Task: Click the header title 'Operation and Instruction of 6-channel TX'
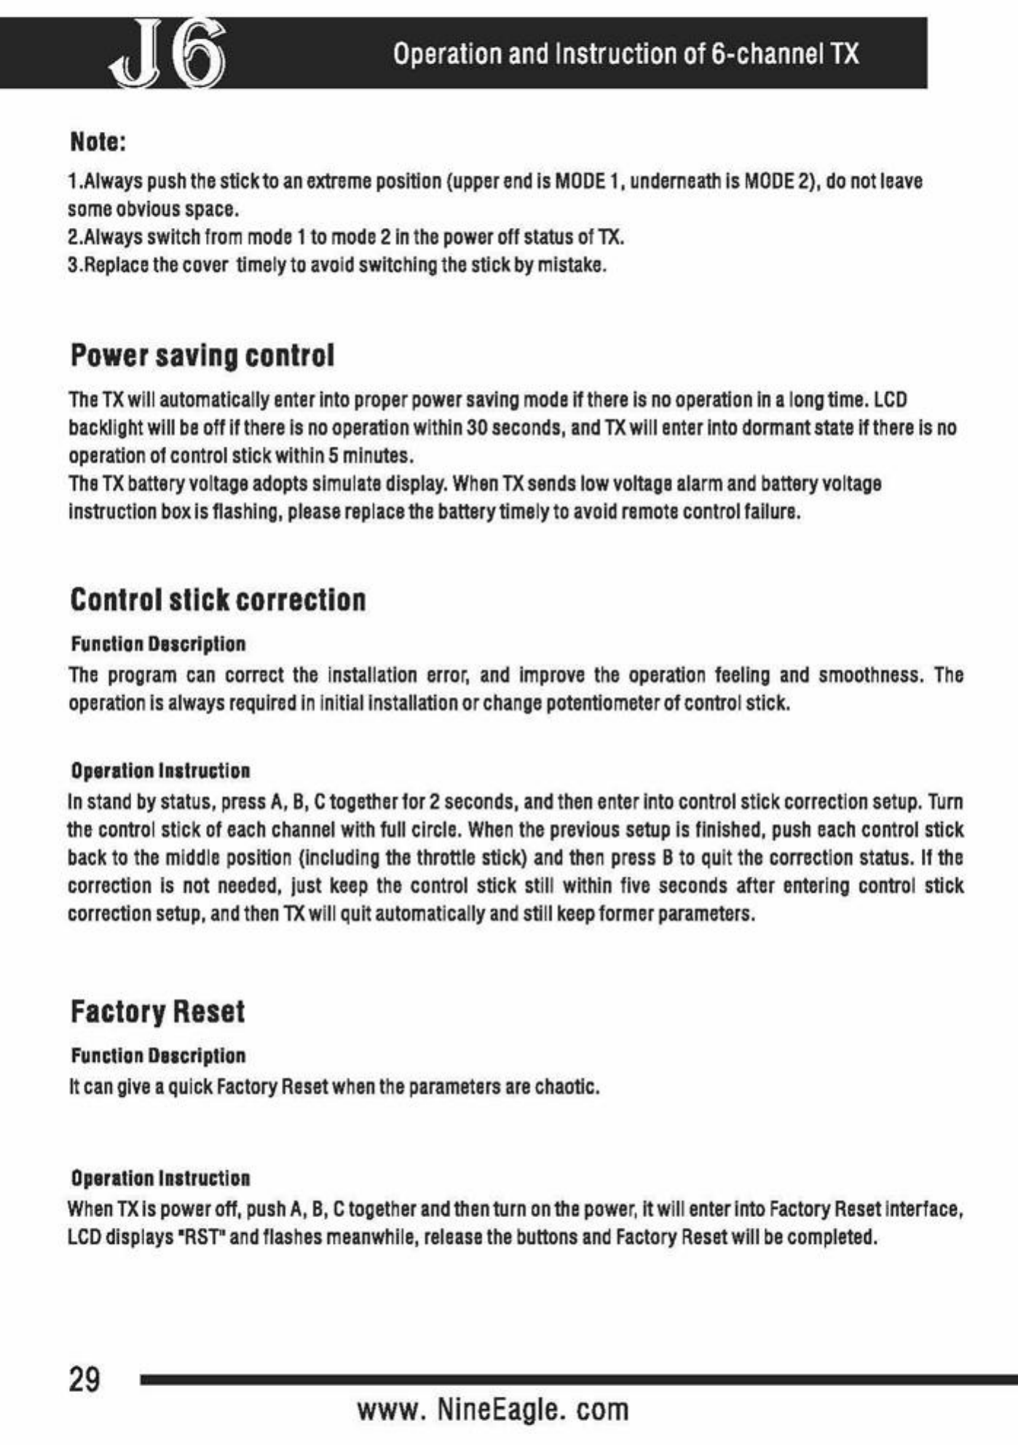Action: [x=626, y=54]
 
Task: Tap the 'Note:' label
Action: [x=98, y=141]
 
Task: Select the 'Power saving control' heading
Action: [x=202, y=355]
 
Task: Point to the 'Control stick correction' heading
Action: [x=218, y=599]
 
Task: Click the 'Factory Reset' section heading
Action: [x=157, y=1011]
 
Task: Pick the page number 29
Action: [x=84, y=1379]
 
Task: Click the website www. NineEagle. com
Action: [x=493, y=1409]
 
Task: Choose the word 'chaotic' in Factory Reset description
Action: [x=565, y=1087]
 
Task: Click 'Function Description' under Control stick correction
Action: [x=158, y=644]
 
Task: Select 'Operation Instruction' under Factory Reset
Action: [x=160, y=1178]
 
